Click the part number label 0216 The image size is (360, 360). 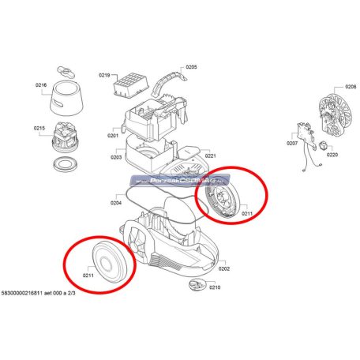coord(40,84)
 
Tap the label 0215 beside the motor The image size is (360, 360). coord(40,129)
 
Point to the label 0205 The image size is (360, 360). coord(191,68)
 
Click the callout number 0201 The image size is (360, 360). coord(114,136)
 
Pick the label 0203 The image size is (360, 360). coord(115,157)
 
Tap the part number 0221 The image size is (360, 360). coord(211,156)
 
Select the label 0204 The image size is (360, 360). coord(115,203)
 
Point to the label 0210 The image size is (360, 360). coord(215,287)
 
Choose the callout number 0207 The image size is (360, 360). coord(291,144)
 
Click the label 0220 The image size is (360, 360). coord(332,156)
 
